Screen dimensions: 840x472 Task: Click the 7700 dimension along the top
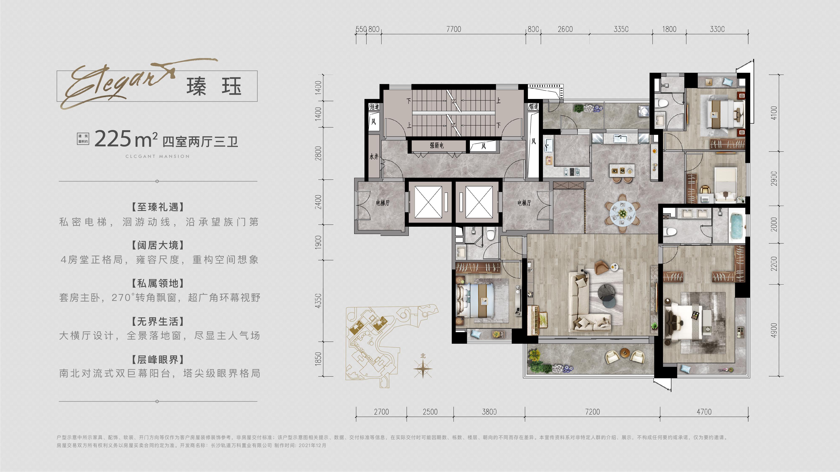(453, 29)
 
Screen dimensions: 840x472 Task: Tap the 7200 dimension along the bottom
(592, 412)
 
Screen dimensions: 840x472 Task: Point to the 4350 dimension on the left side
(318, 301)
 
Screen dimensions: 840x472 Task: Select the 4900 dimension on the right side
(774, 330)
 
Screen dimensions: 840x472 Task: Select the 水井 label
(374, 157)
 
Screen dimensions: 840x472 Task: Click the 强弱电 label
(437, 146)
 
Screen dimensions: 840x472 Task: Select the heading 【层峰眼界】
(158, 360)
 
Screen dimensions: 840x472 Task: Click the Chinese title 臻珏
(214, 87)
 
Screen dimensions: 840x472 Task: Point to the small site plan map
(391, 345)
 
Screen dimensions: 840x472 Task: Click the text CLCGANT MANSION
(157, 156)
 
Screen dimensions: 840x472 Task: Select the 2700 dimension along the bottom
(381, 412)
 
